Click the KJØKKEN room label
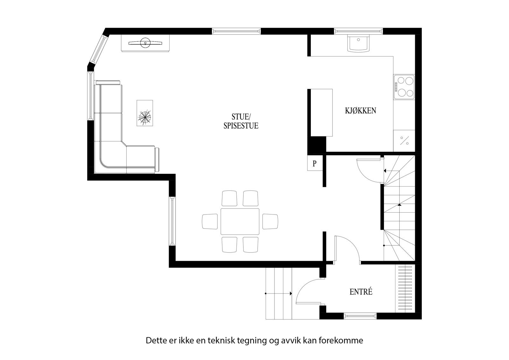click(x=360, y=111)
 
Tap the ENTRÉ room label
click(x=361, y=292)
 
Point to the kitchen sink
click(x=359, y=43)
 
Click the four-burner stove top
click(x=404, y=87)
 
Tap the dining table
click(x=240, y=222)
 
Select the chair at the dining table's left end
click(x=210, y=222)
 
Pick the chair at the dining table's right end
click(x=270, y=222)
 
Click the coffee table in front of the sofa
click(x=145, y=113)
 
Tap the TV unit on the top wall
click(x=145, y=43)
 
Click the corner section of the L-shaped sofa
click(x=110, y=158)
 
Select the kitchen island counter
click(x=321, y=112)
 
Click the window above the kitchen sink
click(x=359, y=31)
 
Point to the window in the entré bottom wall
click(x=360, y=316)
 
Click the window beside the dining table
click(x=172, y=221)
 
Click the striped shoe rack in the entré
click(x=405, y=288)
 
